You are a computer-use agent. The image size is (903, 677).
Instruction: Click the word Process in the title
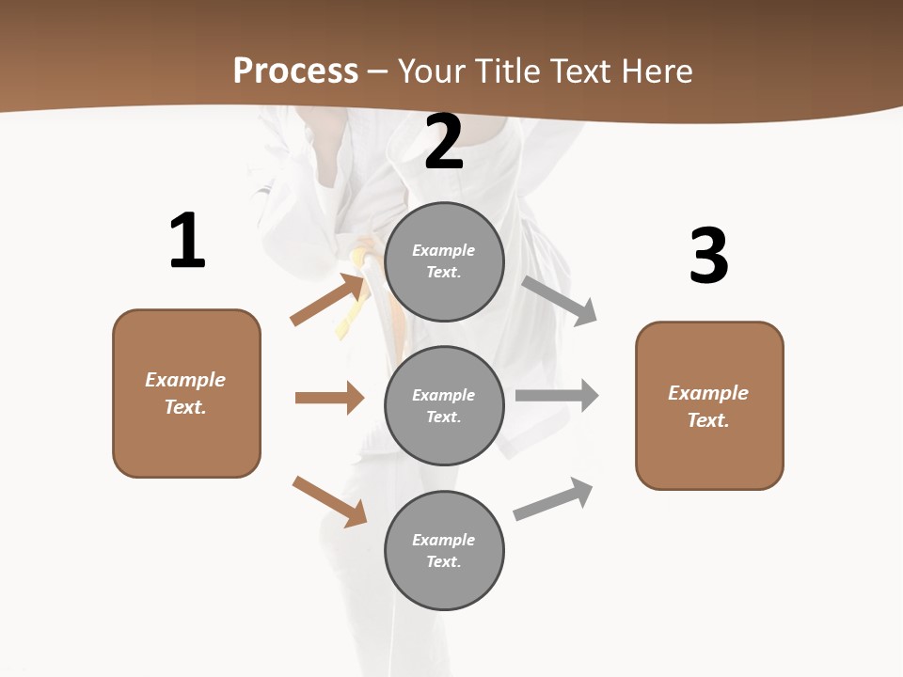295,71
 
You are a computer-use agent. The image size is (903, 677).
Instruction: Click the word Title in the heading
502,71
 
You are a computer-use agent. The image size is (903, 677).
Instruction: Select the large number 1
187,242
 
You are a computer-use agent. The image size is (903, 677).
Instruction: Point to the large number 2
444,143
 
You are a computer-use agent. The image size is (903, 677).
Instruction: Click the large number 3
708,256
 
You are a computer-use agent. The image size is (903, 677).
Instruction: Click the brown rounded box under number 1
186,393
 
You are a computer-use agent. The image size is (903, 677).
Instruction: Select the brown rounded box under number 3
709,406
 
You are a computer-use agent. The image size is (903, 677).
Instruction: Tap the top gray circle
444,261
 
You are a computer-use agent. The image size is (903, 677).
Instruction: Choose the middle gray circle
444,406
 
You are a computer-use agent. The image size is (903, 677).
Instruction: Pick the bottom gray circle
444,551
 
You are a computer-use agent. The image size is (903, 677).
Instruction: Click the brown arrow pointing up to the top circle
327,299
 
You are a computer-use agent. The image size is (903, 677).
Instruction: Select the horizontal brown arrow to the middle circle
329,398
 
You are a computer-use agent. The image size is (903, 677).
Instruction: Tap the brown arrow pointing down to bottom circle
329,501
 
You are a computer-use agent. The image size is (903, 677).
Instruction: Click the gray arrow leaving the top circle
559,301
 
